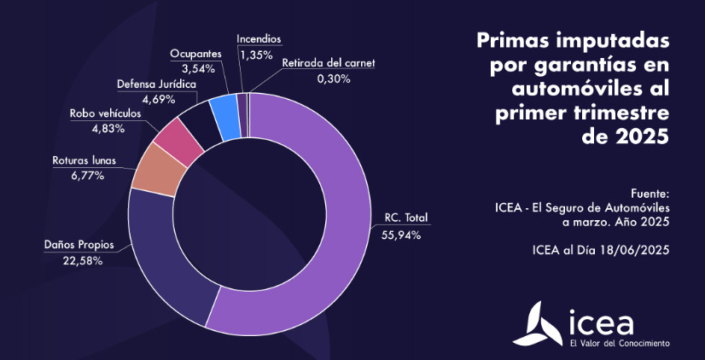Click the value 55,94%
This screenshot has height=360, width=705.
398,235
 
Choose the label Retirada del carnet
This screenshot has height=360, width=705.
329,63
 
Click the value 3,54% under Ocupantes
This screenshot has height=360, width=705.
195,69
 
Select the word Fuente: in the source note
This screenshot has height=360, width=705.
650,193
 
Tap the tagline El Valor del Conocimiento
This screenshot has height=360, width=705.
619,343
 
